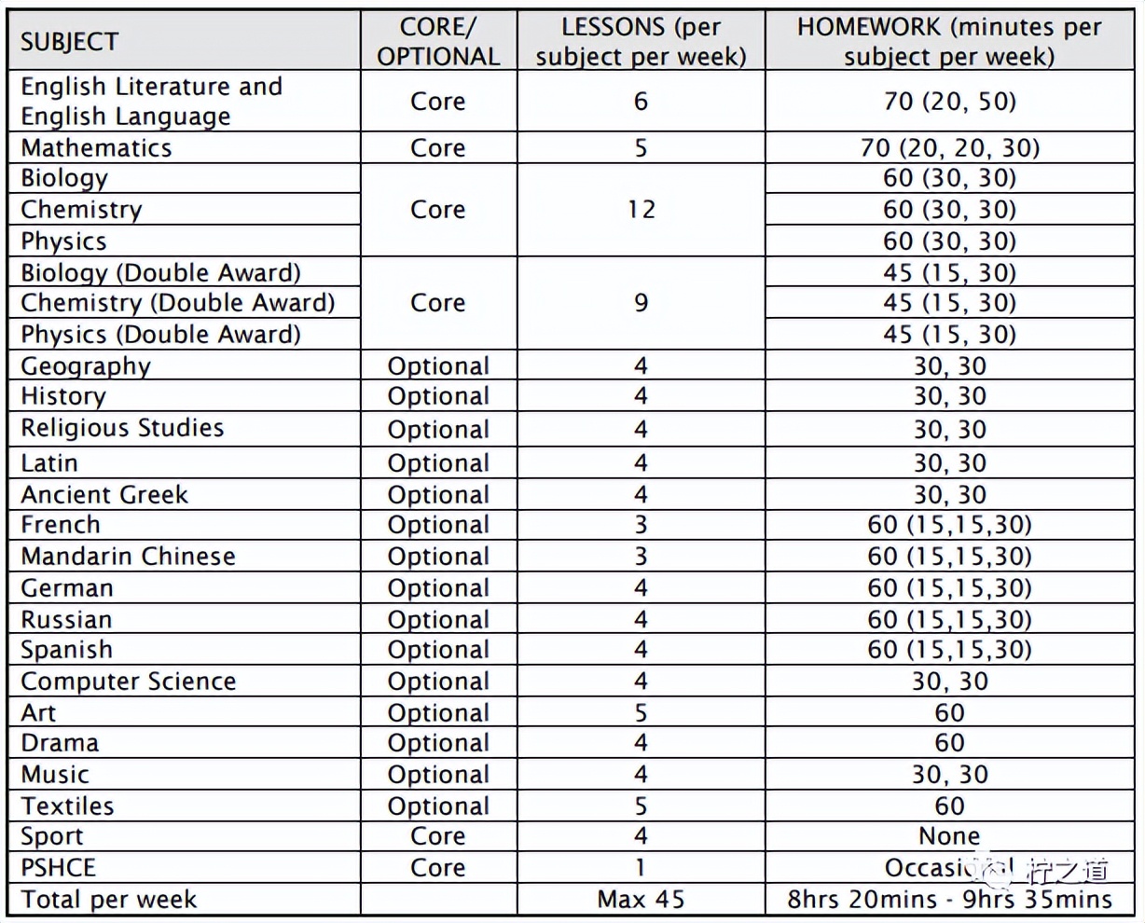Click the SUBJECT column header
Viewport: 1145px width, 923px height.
70,42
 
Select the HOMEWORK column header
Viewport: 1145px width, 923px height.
949,42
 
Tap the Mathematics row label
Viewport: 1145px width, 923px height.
96,148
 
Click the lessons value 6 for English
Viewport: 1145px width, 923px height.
641,101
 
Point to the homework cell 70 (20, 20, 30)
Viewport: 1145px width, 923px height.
949,148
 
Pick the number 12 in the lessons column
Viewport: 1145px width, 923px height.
641,210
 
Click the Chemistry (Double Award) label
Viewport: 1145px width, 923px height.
177,303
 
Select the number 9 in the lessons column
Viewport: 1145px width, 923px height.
641,303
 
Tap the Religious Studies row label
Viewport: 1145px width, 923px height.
122,429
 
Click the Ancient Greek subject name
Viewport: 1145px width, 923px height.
104,494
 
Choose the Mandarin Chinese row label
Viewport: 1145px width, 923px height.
128,557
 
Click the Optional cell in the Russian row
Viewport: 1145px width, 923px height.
438,620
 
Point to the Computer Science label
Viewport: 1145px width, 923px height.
128,682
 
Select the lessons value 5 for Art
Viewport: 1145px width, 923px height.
641,713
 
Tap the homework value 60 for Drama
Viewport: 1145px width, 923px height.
949,743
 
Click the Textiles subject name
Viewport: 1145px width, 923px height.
67,806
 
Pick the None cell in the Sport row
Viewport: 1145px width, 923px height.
949,836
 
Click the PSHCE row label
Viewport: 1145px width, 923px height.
58,868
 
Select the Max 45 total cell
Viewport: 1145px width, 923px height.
641,900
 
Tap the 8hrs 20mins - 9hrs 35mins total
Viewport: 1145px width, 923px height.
949,900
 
